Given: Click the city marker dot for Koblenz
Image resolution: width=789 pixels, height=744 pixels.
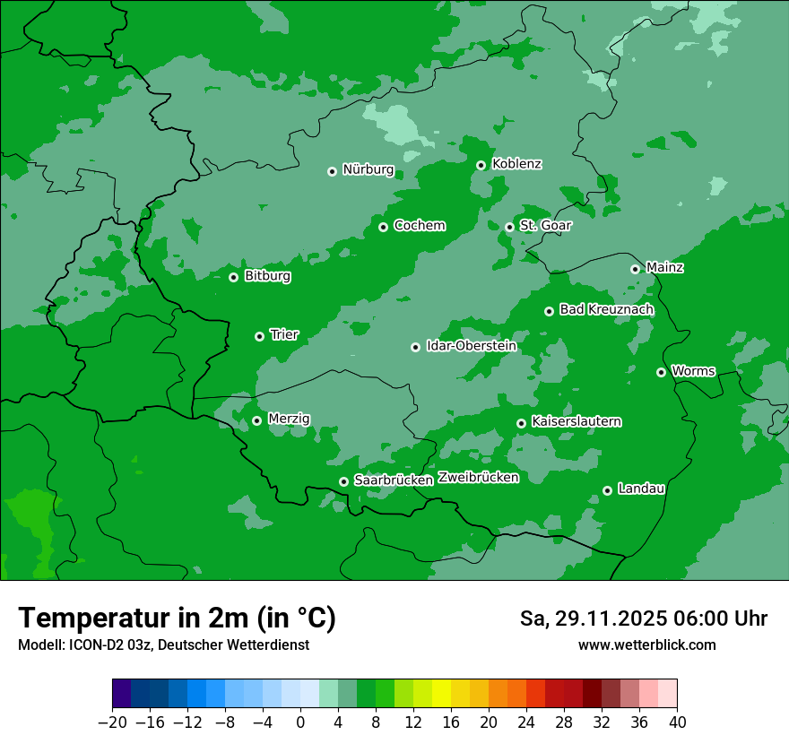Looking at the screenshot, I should tap(481, 165).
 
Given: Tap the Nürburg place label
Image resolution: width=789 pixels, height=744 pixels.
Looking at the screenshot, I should tap(368, 169).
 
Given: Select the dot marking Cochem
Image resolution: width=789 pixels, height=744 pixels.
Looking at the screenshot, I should tap(383, 227).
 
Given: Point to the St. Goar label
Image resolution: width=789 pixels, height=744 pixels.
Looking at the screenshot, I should tap(545, 226).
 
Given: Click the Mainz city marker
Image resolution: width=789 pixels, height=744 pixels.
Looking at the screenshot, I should tap(635, 269).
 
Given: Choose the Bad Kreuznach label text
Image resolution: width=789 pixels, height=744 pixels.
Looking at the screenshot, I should tap(606, 310).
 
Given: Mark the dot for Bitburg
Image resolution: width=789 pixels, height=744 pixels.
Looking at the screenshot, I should tap(233, 277).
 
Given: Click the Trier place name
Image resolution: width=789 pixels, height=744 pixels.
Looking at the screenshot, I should tap(284, 335).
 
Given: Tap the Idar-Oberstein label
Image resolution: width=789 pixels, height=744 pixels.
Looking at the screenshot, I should tap(472, 346).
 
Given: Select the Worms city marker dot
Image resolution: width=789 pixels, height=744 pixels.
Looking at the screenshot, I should tap(661, 372).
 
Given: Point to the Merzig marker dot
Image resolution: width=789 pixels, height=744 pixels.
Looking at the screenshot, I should tap(256, 420).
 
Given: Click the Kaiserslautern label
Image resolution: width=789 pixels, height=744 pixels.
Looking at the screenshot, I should tap(577, 422).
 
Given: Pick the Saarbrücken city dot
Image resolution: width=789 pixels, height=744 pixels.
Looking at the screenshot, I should tap(343, 481).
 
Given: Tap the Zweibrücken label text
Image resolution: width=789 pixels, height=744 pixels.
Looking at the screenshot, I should tap(479, 478).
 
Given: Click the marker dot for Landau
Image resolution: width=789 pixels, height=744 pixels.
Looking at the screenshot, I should tap(607, 490).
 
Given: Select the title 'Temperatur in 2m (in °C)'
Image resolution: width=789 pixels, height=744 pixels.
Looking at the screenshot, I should tap(177, 618).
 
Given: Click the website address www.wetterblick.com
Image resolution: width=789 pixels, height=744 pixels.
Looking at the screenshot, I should tap(646, 645).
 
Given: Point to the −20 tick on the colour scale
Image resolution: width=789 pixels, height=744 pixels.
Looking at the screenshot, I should tap(112, 722).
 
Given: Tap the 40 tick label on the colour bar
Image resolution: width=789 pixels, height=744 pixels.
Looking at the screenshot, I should tap(677, 722).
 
